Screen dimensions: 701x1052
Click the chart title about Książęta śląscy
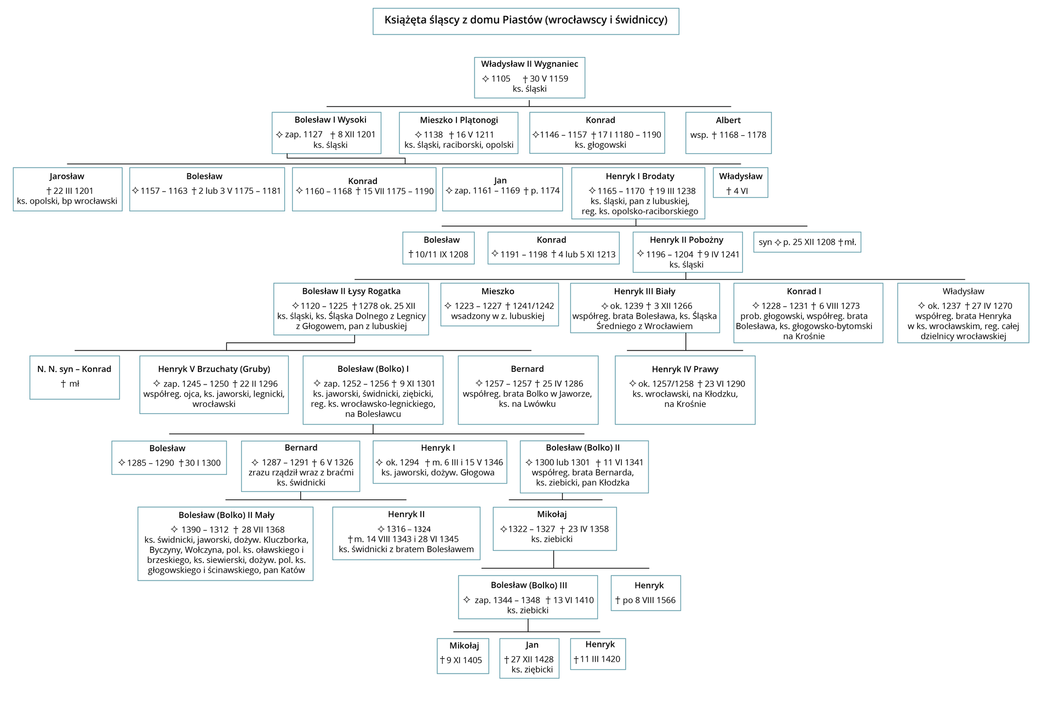tap(525, 20)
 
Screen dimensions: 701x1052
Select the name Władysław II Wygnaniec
tap(529, 64)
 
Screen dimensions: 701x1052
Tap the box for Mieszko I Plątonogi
tap(459, 133)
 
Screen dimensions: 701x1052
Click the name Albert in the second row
tap(728, 120)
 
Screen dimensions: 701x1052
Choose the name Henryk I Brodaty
tap(639, 176)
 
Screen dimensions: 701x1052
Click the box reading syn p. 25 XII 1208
tap(807, 242)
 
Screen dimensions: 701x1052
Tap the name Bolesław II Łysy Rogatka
tap(351, 291)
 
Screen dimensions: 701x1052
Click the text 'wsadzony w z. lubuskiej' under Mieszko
tap(498, 316)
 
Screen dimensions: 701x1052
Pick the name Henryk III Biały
tap(644, 291)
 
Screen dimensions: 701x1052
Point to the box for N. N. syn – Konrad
tap(75, 377)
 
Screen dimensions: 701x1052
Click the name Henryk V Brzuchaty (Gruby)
tap(214, 369)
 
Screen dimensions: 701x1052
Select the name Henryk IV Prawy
tap(685, 369)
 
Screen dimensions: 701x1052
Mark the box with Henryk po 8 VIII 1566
tap(645, 593)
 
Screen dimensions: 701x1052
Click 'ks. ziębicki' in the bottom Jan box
tap(531, 670)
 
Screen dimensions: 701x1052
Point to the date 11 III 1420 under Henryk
tap(599, 659)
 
